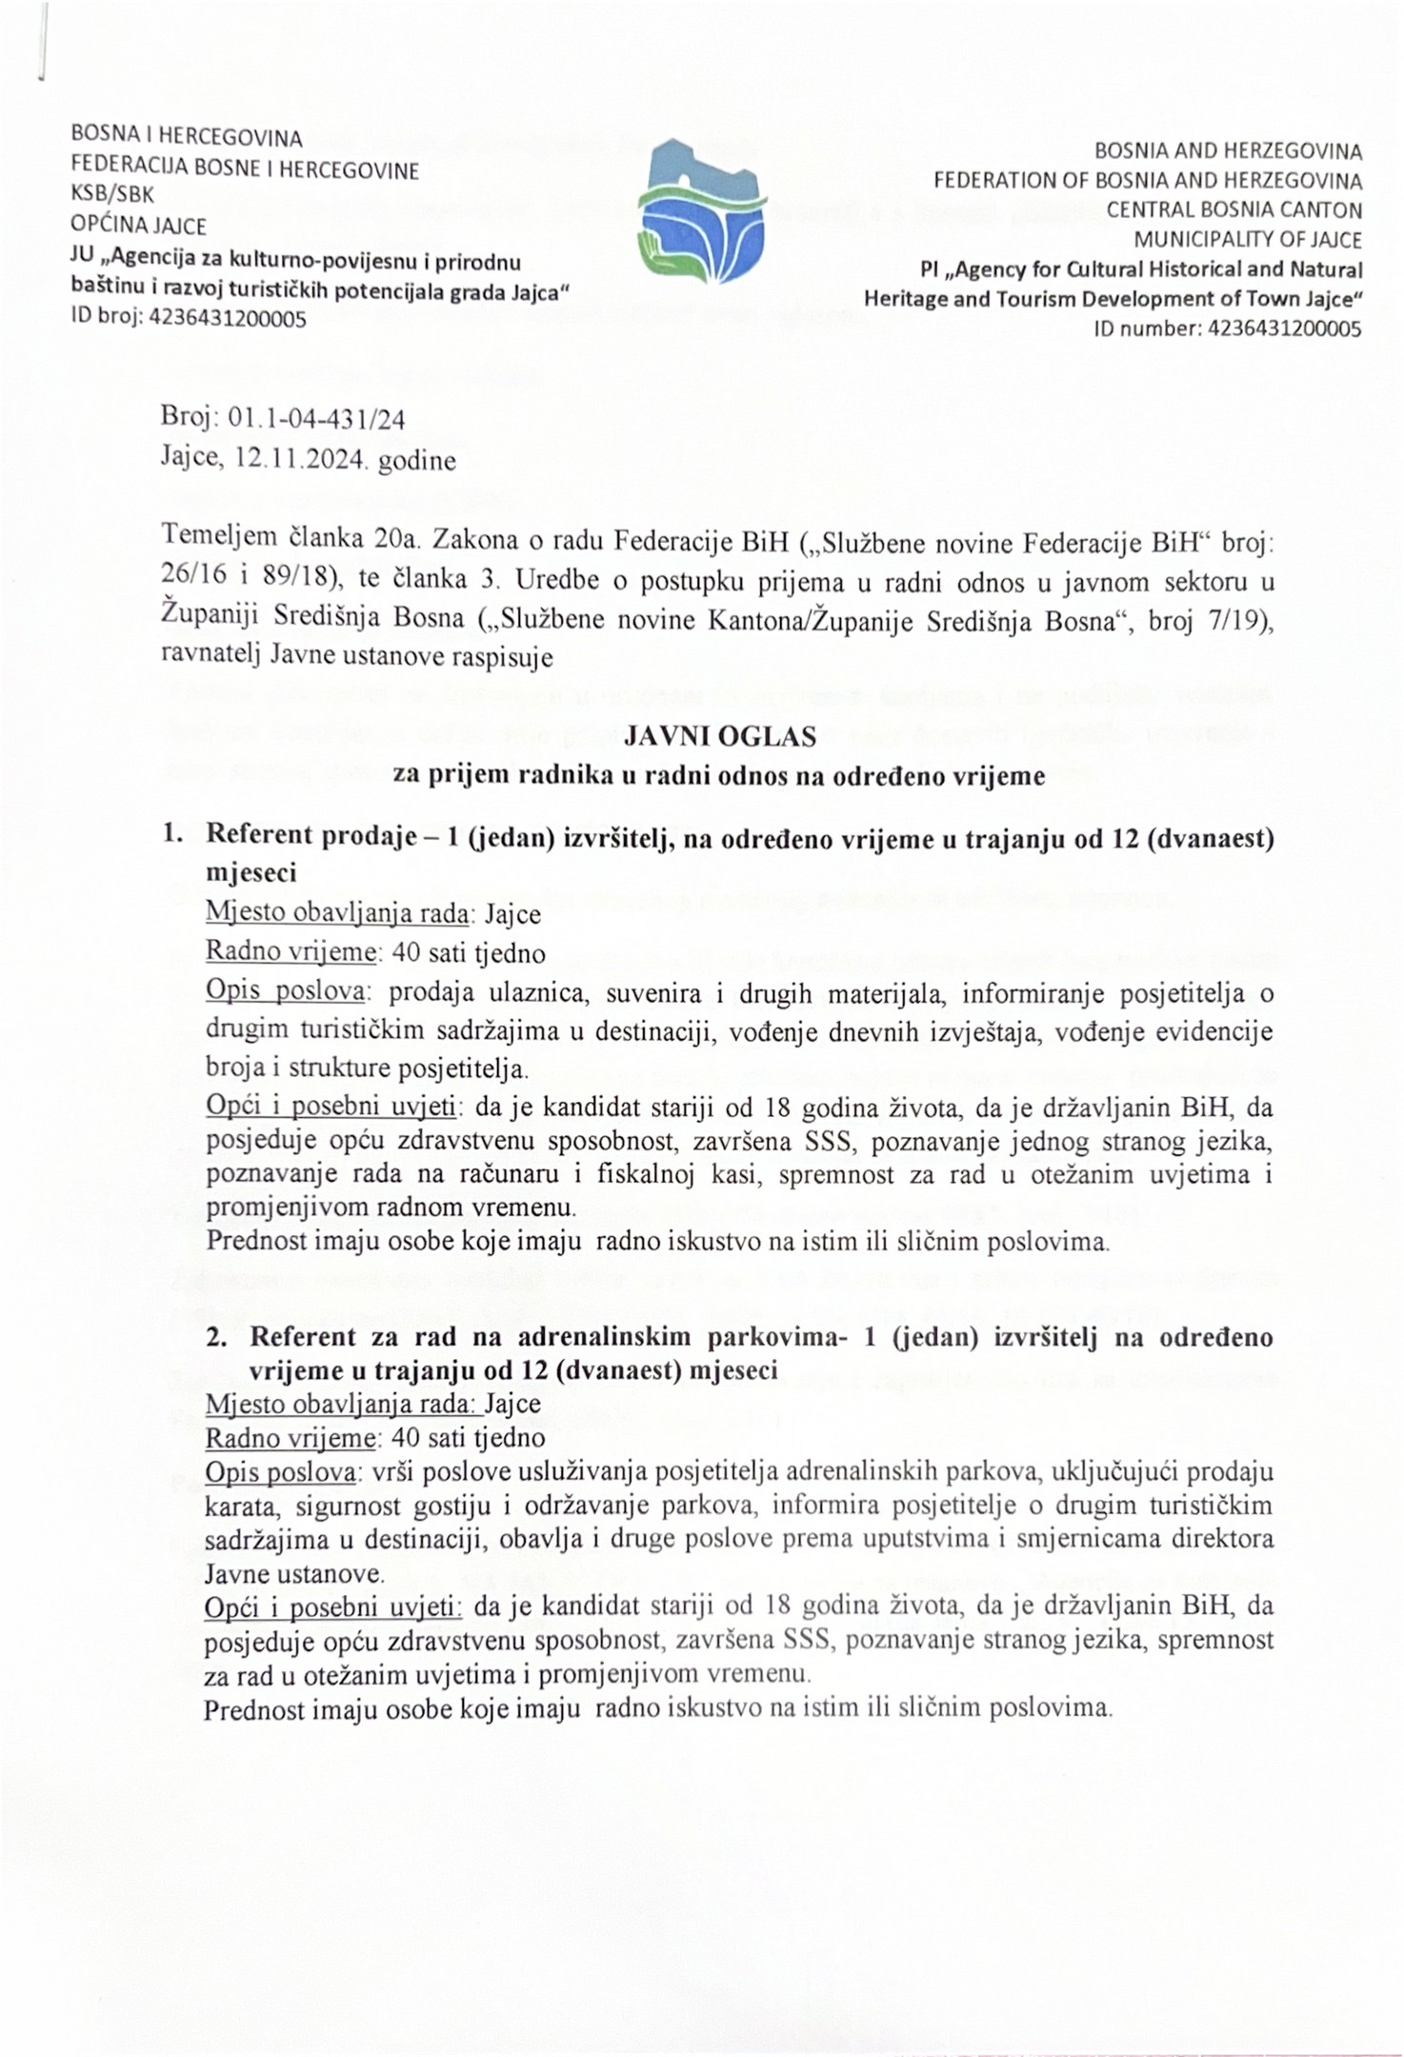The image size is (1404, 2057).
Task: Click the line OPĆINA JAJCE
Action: pos(139,225)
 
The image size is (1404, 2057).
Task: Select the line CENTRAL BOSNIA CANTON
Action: pos(1234,210)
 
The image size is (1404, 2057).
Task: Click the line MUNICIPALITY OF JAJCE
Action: pos(1247,239)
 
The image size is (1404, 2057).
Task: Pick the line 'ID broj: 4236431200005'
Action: pos(189,318)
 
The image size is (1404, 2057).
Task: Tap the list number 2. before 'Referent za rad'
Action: pos(217,1337)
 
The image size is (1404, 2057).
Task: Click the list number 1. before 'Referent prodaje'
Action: pos(172,835)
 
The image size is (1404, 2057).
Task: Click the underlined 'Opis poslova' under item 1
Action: pos(286,991)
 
